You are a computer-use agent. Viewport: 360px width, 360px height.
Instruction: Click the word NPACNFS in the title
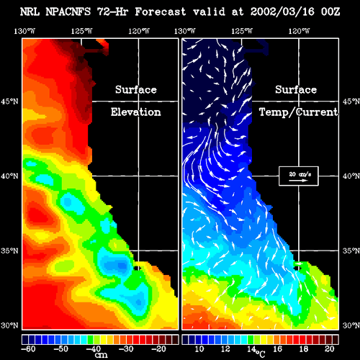coord(68,12)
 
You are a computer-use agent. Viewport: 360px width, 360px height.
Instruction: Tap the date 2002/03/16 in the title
coord(282,12)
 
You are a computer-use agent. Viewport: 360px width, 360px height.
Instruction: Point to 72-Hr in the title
coord(112,12)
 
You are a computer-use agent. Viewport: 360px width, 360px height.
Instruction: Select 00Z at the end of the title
coord(330,12)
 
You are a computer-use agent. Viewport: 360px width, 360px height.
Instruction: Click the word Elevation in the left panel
coord(135,112)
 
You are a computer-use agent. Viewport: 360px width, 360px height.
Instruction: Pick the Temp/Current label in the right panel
coord(298,112)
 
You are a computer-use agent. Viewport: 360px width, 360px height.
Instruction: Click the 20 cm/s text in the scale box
coord(300,174)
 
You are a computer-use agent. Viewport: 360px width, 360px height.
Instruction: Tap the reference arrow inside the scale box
coord(298,181)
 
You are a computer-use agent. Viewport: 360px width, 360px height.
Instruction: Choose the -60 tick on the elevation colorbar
coord(28,348)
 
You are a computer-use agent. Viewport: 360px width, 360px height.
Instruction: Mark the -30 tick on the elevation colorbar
coord(126,348)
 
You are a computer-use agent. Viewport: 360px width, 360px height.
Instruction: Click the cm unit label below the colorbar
coord(101,355)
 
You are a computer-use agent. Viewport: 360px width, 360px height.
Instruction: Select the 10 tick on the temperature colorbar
coord(199,348)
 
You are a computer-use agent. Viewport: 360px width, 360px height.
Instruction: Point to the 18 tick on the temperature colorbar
coord(303,348)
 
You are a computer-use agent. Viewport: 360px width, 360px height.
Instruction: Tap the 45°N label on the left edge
coord(9,102)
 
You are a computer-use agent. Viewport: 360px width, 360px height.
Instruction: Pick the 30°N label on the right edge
coord(351,325)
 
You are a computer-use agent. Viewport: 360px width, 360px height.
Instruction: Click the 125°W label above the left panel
coord(81,31)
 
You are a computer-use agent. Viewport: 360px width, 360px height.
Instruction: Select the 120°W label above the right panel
coord(299,31)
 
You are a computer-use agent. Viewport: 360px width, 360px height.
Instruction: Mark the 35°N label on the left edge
coord(9,251)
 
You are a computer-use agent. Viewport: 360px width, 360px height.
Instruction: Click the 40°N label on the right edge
coord(351,176)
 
